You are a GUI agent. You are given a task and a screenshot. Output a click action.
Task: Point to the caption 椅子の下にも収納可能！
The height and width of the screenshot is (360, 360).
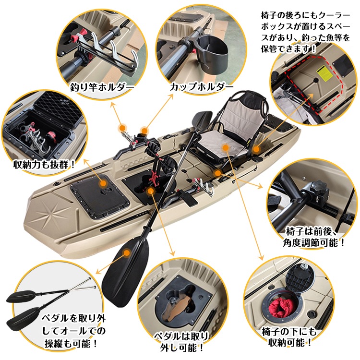coord(288,337)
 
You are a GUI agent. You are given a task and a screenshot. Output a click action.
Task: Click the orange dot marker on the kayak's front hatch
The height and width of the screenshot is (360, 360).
coord(102,183)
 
